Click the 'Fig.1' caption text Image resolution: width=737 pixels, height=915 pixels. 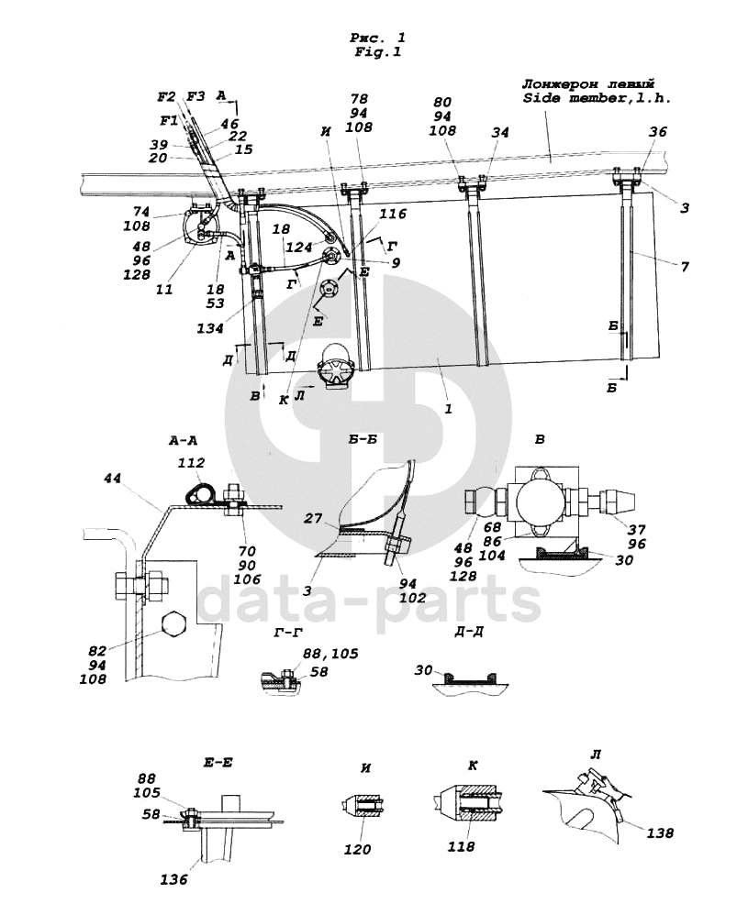377,52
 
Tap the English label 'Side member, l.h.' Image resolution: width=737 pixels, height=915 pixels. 597,98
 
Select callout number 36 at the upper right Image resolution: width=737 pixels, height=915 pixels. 657,132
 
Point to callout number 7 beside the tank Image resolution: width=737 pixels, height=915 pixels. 685,267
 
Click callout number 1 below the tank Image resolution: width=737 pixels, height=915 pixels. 448,409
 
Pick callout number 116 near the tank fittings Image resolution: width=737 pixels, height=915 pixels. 393,215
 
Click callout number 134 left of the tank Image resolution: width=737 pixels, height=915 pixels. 210,328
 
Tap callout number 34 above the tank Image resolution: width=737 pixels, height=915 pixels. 500,132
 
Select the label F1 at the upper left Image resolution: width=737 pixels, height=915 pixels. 170,121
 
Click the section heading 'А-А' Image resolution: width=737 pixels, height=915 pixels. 183,441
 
